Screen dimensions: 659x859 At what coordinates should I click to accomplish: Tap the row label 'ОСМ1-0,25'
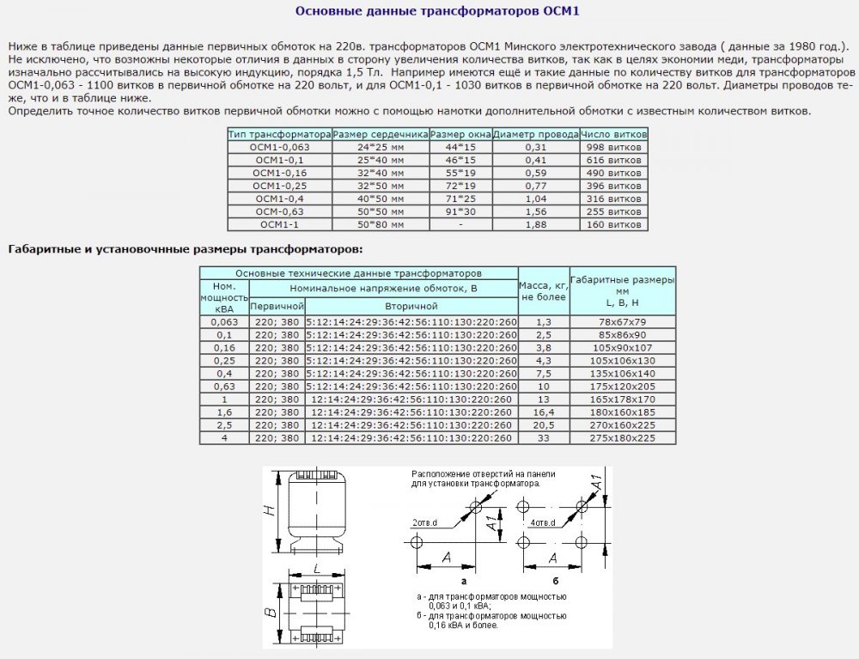(279, 186)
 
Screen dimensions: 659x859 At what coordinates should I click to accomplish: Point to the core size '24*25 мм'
(380, 147)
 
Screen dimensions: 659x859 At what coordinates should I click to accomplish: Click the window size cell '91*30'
(460, 211)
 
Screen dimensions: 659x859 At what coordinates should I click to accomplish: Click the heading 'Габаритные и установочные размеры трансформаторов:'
(185, 250)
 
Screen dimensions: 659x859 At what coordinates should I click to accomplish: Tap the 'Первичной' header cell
(277, 306)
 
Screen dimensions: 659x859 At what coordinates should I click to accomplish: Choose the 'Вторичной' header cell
(411, 306)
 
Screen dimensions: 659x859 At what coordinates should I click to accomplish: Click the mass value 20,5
(543, 425)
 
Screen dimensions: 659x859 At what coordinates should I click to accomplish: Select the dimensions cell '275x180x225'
(623, 438)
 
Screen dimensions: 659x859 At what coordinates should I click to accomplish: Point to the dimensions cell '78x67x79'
(623, 321)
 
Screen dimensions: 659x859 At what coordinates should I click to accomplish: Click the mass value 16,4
(543, 412)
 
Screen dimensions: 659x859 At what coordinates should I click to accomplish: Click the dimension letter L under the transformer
(317, 569)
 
